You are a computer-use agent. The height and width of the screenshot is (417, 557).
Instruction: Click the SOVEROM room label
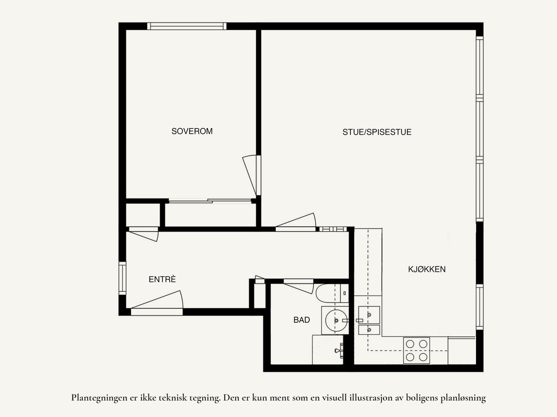tap(192, 131)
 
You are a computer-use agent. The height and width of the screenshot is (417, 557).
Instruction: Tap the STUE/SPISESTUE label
tap(377, 132)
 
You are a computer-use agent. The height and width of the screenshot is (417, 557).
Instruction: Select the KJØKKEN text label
tap(426, 269)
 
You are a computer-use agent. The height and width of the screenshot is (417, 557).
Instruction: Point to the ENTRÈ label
tap(162, 279)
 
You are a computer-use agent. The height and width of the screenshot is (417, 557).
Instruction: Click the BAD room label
tap(301, 320)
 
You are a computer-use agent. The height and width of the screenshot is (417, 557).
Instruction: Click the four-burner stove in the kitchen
tap(416, 350)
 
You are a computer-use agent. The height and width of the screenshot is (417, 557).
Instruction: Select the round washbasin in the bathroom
tap(335, 320)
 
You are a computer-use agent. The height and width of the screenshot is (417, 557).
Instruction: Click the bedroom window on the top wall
tap(187, 26)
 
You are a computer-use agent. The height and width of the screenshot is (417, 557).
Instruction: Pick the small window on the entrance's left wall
tap(122, 278)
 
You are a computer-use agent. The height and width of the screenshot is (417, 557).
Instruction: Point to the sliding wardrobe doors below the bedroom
tap(210, 201)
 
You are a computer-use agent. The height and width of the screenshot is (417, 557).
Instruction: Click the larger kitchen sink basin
tap(369, 315)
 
